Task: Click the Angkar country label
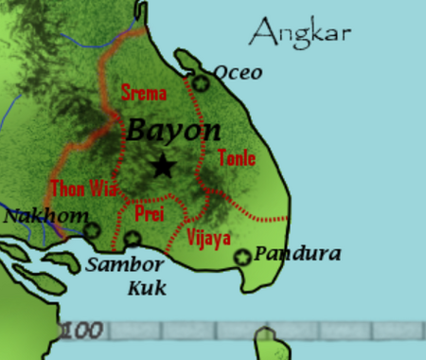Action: click(299, 34)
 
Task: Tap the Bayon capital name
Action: click(173, 132)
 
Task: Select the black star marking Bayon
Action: click(164, 166)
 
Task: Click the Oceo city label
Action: click(238, 73)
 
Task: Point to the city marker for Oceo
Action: click(201, 84)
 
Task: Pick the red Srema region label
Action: click(144, 93)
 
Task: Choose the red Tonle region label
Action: click(237, 158)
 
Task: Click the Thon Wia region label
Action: click(82, 189)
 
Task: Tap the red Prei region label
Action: click(150, 214)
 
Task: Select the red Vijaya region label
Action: click(209, 237)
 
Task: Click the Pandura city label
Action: click(297, 254)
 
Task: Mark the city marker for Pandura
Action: click(242, 256)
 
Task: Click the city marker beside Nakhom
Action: click(91, 229)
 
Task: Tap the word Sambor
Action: click(124, 264)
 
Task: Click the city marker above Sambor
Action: click(133, 239)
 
